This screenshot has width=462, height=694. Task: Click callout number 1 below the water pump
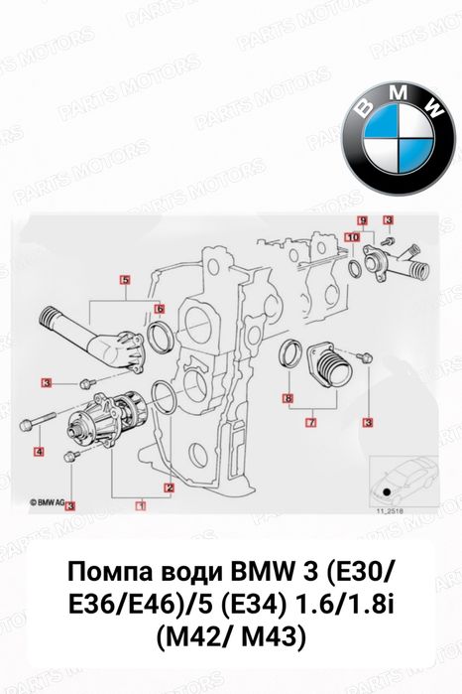point(141,504)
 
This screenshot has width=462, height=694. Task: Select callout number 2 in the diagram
point(170,487)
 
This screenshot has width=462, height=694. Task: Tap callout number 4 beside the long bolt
point(39,452)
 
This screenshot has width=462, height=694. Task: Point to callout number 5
point(125,280)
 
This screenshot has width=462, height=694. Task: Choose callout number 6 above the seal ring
point(159,309)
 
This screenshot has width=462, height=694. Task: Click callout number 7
point(310,422)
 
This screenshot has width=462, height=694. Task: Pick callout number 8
point(287,399)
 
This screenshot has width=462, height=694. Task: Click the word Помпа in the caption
point(116,574)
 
